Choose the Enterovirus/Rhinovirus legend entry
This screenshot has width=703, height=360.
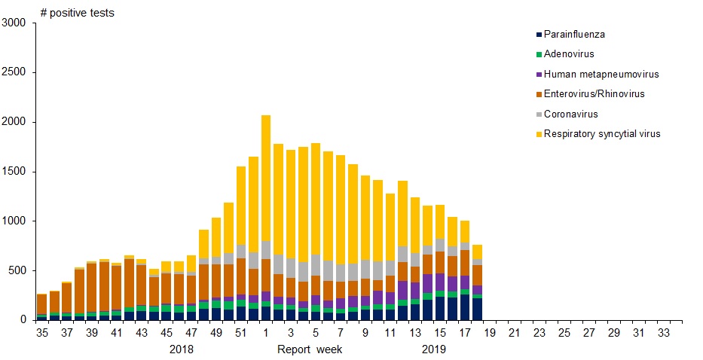click(x=594, y=94)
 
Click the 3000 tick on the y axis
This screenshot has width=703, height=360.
click(x=14, y=23)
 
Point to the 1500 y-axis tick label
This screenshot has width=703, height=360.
click(x=14, y=172)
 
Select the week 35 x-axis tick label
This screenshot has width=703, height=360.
click(x=41, y=332)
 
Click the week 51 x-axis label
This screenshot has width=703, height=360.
click(x=240, y=332)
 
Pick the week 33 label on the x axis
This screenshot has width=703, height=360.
click(x=663, y=332)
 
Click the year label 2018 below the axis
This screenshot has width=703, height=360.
click(x=182, y=349)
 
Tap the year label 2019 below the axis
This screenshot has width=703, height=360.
click(x=434, y=349)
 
